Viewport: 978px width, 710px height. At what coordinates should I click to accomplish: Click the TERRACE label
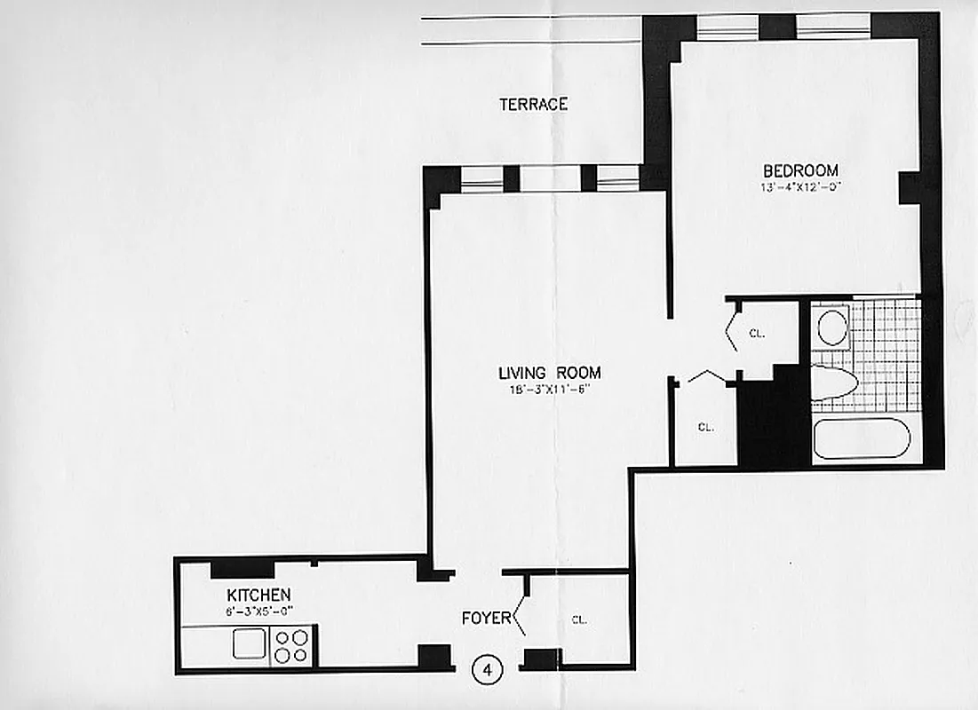click(x=533, y=105)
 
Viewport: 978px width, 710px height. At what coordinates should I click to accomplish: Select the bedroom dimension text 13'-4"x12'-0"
click(x=800, y=187)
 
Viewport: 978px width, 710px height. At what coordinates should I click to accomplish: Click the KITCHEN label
click(x=258, y=594)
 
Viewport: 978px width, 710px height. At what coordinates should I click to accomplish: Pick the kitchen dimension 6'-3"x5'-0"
click(x=258, y=610)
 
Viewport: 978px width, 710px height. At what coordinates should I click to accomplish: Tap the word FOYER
click(x=486, y=618)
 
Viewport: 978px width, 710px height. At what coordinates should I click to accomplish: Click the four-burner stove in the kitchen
click(x=291, y=645)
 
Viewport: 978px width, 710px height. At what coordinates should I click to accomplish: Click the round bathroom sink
click(x=832, y=327)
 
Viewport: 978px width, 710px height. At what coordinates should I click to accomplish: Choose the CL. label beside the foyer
click(x=579, y=619)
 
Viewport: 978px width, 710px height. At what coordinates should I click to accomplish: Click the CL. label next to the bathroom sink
click(x=757, y=335)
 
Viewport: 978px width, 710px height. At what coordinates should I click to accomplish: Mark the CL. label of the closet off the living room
click(x=706, y=427)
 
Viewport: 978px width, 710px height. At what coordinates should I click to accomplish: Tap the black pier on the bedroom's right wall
click(x=910, y=188)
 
